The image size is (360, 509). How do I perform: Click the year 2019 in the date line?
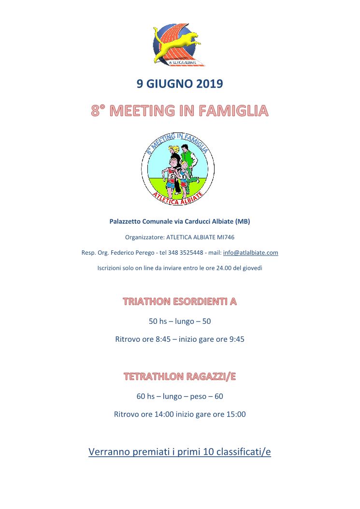tap(209, 84)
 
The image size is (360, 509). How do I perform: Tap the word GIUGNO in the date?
tap(170, 84)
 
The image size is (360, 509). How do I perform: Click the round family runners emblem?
tap(177, 169)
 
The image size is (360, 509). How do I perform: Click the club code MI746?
tap(226, 237)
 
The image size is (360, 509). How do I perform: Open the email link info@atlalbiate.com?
tap(250, 252)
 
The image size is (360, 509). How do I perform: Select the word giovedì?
tap(251, 267)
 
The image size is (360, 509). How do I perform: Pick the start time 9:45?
tap(236, 339)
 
